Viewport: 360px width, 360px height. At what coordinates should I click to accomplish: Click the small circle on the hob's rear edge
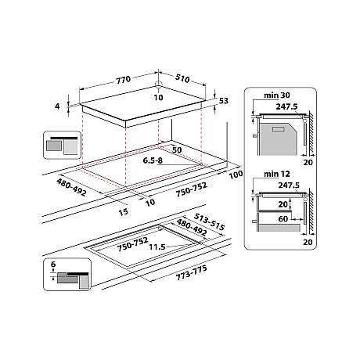pos(158,86)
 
